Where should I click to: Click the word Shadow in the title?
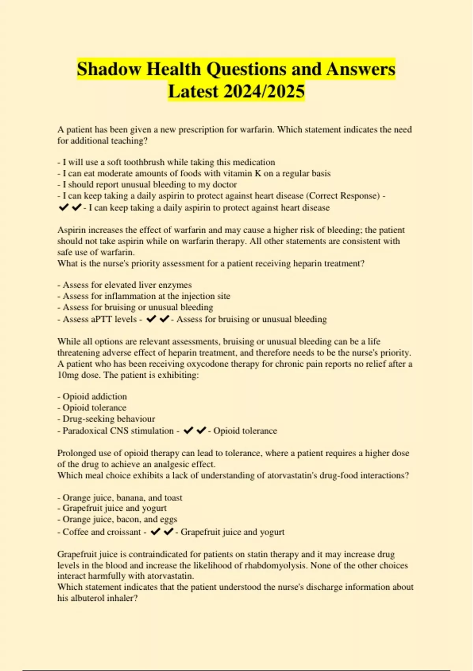pyautogui.click(x=109, y=69)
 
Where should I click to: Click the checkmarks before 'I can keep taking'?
pyautogui.click(x=70, y=207)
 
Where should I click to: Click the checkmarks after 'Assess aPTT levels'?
pyautogui.click(x=158, y=319)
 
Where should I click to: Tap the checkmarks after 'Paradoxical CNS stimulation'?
pyautogui.click(x=195, y=431)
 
